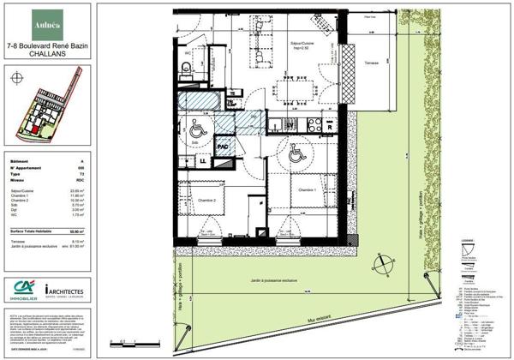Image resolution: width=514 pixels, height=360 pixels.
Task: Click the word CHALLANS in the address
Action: tap(42, 52)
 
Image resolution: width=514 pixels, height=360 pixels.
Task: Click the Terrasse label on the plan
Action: tap(370, 63)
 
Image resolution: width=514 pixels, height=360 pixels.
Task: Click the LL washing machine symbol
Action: tap(203, 160)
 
